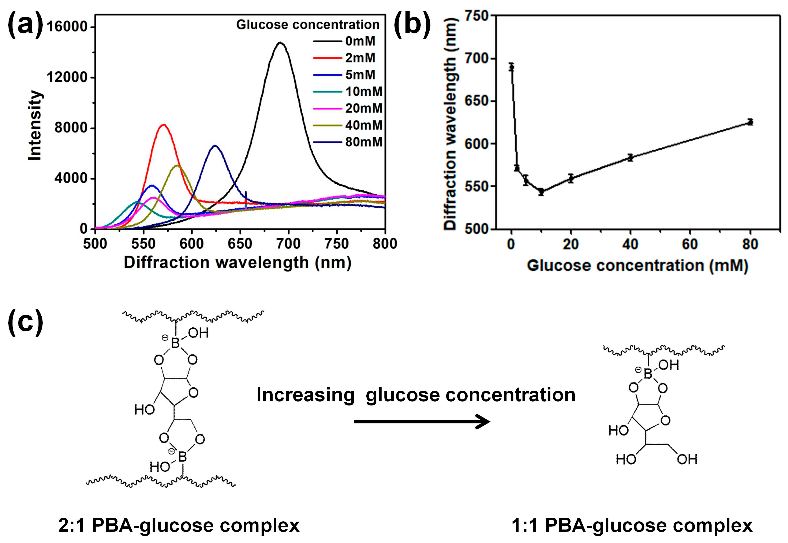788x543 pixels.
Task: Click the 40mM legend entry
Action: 363,125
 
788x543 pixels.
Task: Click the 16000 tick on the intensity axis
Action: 67,27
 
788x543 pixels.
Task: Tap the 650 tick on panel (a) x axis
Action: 240,244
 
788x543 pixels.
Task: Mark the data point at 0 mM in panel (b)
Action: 511,67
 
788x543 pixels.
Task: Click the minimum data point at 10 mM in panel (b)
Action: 541,192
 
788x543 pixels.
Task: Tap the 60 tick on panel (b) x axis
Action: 690,244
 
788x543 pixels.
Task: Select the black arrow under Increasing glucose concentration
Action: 422,421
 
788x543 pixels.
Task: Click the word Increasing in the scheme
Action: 305,395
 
